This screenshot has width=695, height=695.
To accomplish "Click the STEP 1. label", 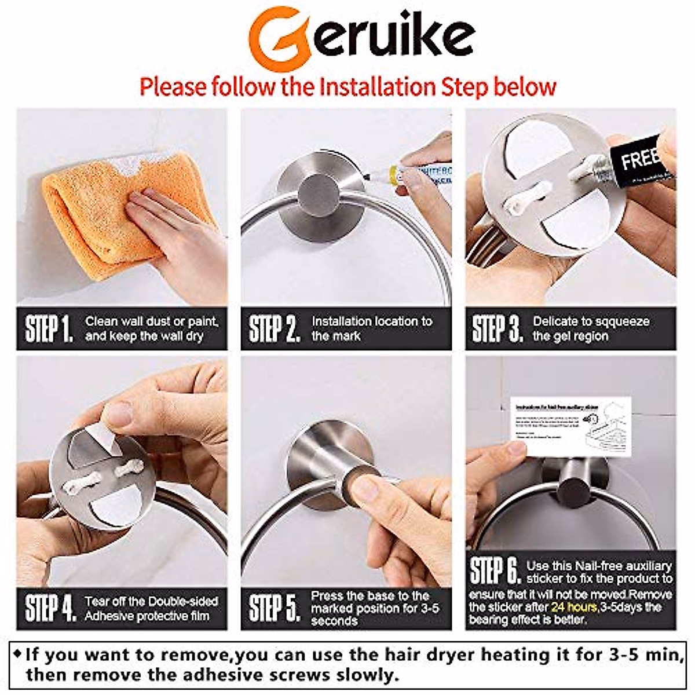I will point(49,329).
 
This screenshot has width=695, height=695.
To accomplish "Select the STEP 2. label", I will point(274,329).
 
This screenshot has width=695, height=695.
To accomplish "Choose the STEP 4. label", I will point(50,608).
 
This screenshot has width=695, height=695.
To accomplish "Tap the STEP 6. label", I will point(495,571).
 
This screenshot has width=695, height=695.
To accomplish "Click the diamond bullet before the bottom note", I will point(17,654).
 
